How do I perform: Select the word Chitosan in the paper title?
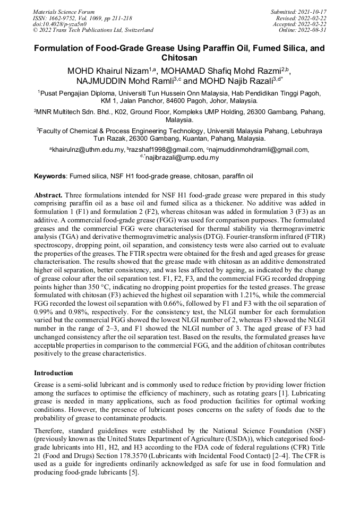179,57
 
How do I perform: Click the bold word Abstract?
48,195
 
